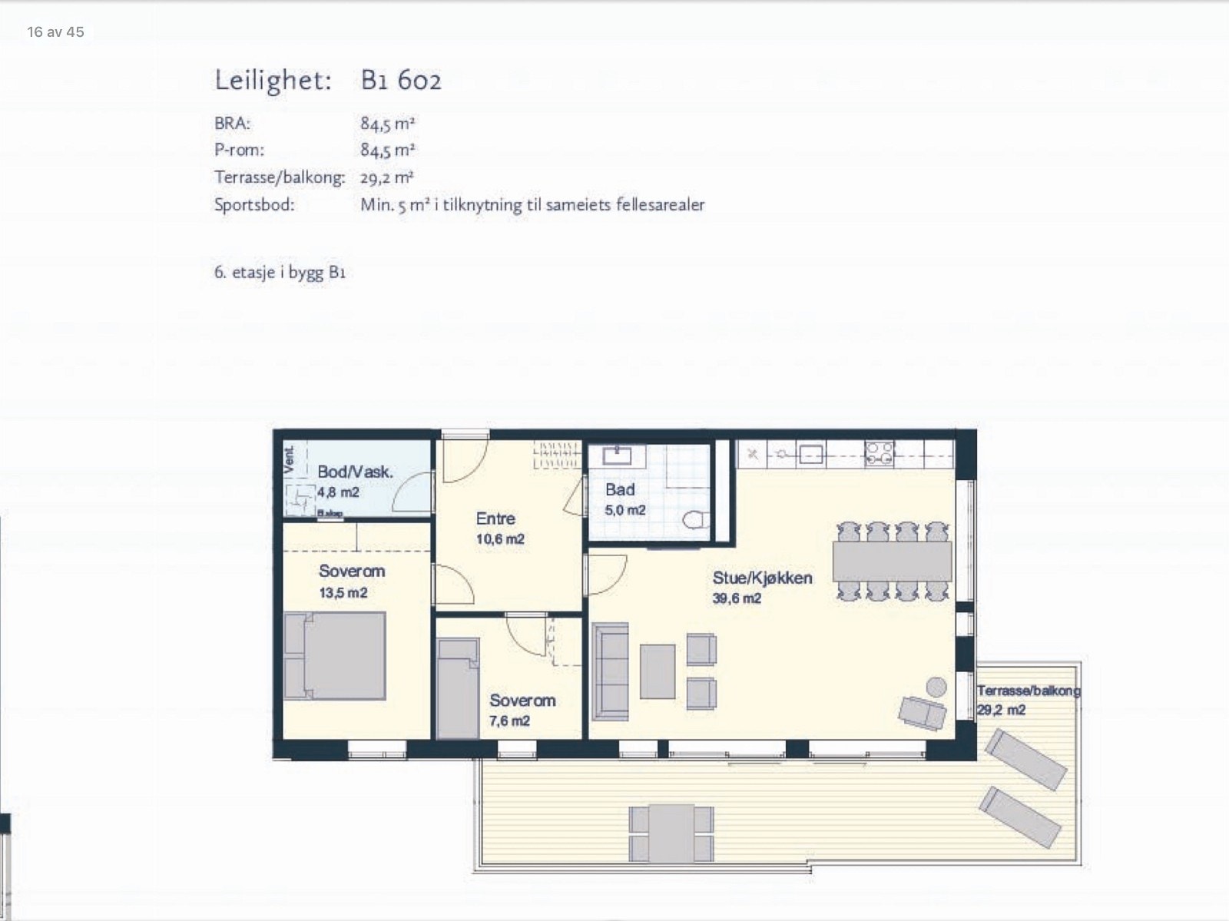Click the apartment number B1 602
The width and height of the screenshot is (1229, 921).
pos(401,81)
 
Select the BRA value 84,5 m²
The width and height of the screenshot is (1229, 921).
pos(388,123)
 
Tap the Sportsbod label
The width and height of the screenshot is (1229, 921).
pos(254,205)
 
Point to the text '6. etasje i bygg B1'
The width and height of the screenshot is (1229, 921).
pos(280,272)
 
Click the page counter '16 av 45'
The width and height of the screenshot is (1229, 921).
pos(55,31)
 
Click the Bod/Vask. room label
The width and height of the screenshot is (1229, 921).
pos(355,472)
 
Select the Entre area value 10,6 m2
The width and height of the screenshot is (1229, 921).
pos(500,539)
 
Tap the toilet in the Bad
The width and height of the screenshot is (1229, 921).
pos(695,520)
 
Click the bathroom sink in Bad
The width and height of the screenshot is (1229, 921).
pos(617,456)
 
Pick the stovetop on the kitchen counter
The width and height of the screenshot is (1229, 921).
pos(879,453)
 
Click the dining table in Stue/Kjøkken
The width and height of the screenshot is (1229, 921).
pos(892,561)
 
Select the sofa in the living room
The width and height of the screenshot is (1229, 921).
pos(611,671)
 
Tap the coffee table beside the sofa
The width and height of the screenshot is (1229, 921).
pos(658,671)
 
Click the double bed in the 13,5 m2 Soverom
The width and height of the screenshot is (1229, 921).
pos(335,655)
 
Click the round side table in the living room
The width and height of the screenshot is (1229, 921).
pos(936,686)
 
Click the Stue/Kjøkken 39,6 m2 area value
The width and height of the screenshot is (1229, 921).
pos(737,598)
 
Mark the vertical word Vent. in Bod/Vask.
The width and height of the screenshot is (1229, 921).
pos(290,459)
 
